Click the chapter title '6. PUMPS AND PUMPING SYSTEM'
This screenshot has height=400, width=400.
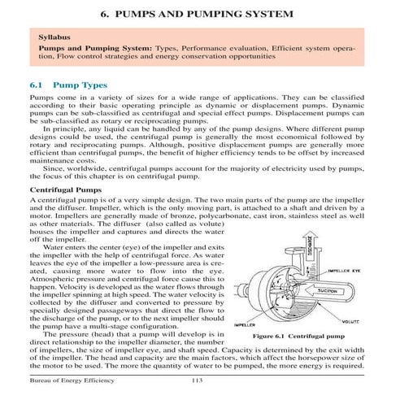(200, 15)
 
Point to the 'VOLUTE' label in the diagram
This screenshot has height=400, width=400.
(352, 321)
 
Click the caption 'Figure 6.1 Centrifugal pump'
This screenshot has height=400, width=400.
(298, 335)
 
